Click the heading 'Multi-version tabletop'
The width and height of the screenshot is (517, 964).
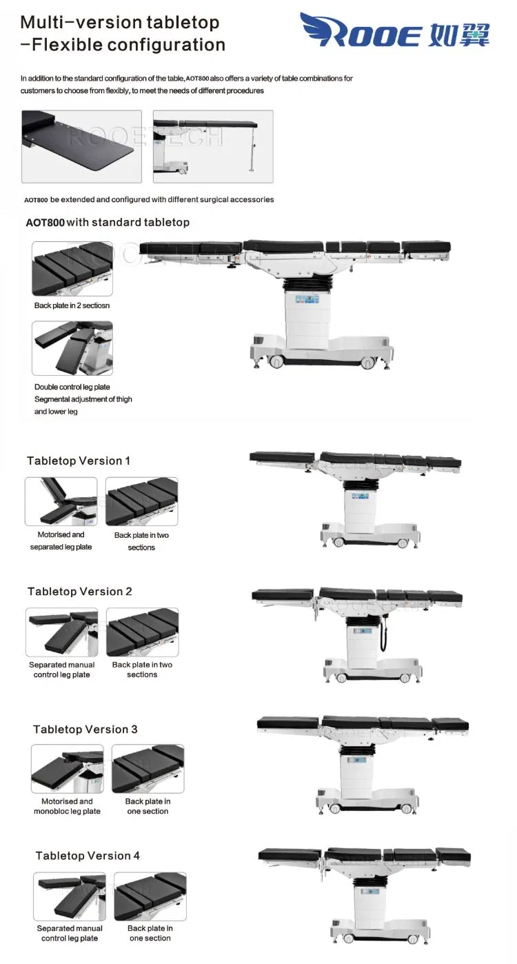tap(119, 22)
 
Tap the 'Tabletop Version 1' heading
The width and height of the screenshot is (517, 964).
tap(79, 461)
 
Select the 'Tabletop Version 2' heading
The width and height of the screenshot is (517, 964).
tap(80, 592)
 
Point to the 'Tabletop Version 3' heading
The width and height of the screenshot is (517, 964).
tap(85, 730)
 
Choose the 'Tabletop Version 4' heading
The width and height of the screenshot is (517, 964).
tap(88, 856)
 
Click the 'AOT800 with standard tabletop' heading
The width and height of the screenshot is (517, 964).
tap(108, 223)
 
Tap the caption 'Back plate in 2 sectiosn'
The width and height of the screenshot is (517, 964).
tap(72, 305)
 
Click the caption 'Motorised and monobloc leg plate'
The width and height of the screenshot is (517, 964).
tap(67, 806)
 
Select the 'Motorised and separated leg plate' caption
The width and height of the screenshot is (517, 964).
tap(61, 541)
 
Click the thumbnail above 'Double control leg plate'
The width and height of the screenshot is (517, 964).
tap(72, 348)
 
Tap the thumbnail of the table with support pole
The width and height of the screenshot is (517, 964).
tap(213, 146)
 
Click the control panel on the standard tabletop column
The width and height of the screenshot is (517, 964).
tap(306, 300)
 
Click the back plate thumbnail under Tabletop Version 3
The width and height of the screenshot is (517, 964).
tap(148, 768)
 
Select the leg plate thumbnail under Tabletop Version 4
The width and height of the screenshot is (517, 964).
tap(70, 896)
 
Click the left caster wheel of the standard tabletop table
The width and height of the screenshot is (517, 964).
tap(276, 361)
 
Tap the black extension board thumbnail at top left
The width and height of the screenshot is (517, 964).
tap(81, 146)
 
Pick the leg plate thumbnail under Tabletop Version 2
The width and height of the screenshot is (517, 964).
tap(62, 632)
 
